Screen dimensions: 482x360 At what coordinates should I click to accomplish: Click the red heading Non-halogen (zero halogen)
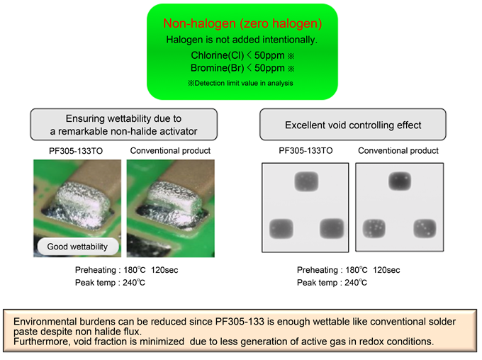tap(242, 23)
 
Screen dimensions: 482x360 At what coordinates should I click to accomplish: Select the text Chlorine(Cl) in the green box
tap(218, 55)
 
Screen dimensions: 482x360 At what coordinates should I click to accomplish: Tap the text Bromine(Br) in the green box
tap(217, 68)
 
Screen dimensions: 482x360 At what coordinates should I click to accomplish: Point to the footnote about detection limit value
tap(240, 83)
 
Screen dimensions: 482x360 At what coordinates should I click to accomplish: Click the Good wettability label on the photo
tap(77, 247)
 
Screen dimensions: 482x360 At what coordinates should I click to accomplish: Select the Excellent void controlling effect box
tap(353, 125)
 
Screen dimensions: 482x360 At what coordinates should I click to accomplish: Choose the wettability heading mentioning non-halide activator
tap(123, 125)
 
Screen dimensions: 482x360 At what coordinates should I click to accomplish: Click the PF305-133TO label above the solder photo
tap(76, 151)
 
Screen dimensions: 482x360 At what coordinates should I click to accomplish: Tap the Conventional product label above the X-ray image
tap(398, 151)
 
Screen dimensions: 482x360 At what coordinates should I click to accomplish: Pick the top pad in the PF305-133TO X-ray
tap(306, 181)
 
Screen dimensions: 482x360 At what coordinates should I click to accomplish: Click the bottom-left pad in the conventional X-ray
tap(374, 229)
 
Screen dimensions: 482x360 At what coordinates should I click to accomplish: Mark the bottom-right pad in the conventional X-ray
tap(425, 228)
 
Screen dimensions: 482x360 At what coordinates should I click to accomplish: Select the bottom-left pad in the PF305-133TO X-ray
tap(281, 229)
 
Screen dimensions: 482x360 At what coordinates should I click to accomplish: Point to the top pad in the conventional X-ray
tap(400, 181)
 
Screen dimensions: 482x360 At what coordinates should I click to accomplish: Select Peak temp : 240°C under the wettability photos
tap(110, 283)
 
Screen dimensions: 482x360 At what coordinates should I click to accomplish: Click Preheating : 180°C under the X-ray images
tap(332, 270)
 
